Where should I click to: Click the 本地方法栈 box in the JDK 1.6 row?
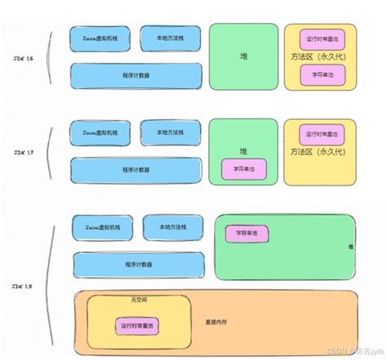(x=170, y=38)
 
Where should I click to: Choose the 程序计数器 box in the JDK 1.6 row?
(x=136, y=76)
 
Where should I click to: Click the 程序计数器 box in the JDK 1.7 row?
(x=136, y=169)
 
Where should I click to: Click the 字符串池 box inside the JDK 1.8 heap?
(x=248, y=233)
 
